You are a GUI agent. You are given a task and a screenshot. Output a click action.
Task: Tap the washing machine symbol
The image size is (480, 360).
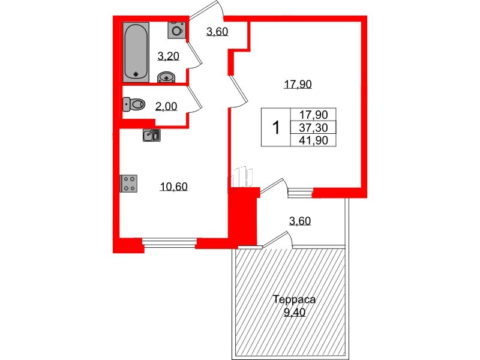tap(176, 29)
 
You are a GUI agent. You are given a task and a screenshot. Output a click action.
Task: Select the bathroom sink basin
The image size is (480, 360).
tap(166, 77)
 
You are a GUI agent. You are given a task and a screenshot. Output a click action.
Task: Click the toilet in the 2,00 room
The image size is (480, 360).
tap(134, 105)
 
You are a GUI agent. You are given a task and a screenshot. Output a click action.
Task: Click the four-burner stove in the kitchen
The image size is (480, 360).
tap(129, 183)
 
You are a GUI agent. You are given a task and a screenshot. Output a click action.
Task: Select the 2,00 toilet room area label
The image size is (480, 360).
tap(166, 107)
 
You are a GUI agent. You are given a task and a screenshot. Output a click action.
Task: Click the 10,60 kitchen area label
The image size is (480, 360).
tap(174, 187)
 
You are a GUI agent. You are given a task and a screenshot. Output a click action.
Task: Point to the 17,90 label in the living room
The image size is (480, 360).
tap(298, 85)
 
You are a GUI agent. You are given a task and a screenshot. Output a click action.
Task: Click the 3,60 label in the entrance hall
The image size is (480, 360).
tap(217, 32)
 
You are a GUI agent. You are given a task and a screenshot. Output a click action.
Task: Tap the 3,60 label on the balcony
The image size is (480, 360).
tap(299, 221)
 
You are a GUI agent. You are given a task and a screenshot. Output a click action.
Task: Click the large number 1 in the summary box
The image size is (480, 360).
tap(276, 128)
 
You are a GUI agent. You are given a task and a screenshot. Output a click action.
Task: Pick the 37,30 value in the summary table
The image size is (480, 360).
tap(313, 128)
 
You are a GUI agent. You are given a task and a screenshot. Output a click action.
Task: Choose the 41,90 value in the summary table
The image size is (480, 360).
tap(313, 140)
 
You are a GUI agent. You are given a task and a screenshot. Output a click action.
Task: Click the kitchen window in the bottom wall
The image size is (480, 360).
tap(170, 243)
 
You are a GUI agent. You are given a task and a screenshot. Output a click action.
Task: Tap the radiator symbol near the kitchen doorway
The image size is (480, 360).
tap(242, 178)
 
